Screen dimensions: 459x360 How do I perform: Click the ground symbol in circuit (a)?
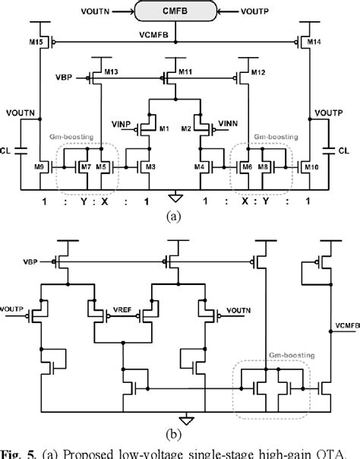(176, 194)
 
